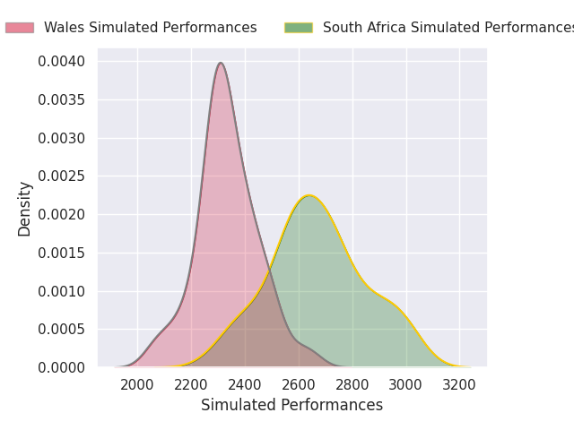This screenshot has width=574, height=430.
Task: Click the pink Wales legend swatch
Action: pos(20,28)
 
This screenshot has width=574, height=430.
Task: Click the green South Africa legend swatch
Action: pos(299,28)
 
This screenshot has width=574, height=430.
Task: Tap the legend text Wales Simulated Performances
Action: pos(151,28)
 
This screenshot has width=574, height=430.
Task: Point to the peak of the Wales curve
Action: pos(221,63)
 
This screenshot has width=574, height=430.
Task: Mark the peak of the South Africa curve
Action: pos(309,195)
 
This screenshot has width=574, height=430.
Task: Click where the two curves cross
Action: pos(270,271)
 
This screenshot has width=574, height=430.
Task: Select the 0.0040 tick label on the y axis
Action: pos(62,62)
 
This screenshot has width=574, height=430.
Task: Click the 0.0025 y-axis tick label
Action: pos(62,176)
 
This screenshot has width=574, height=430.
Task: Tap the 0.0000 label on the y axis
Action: pos(62,367)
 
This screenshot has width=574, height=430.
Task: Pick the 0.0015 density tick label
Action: pos(62,253)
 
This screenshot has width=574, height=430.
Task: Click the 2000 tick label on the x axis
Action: pos(137,385)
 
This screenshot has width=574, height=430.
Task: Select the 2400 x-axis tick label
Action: pos(245,385)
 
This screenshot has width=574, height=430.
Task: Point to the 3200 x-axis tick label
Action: pos(459,385)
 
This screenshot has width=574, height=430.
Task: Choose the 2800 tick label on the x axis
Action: pos(352,385)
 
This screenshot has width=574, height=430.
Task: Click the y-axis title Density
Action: pos(24,209)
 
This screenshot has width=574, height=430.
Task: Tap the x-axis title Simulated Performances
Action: pos(291,405)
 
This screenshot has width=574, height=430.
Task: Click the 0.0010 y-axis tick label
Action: pos(62,291)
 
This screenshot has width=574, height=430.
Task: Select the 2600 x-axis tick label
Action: pos(299,385)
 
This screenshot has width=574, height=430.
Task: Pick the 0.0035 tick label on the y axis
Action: pos(62,99)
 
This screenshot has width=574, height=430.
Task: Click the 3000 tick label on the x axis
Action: pos(405,385)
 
